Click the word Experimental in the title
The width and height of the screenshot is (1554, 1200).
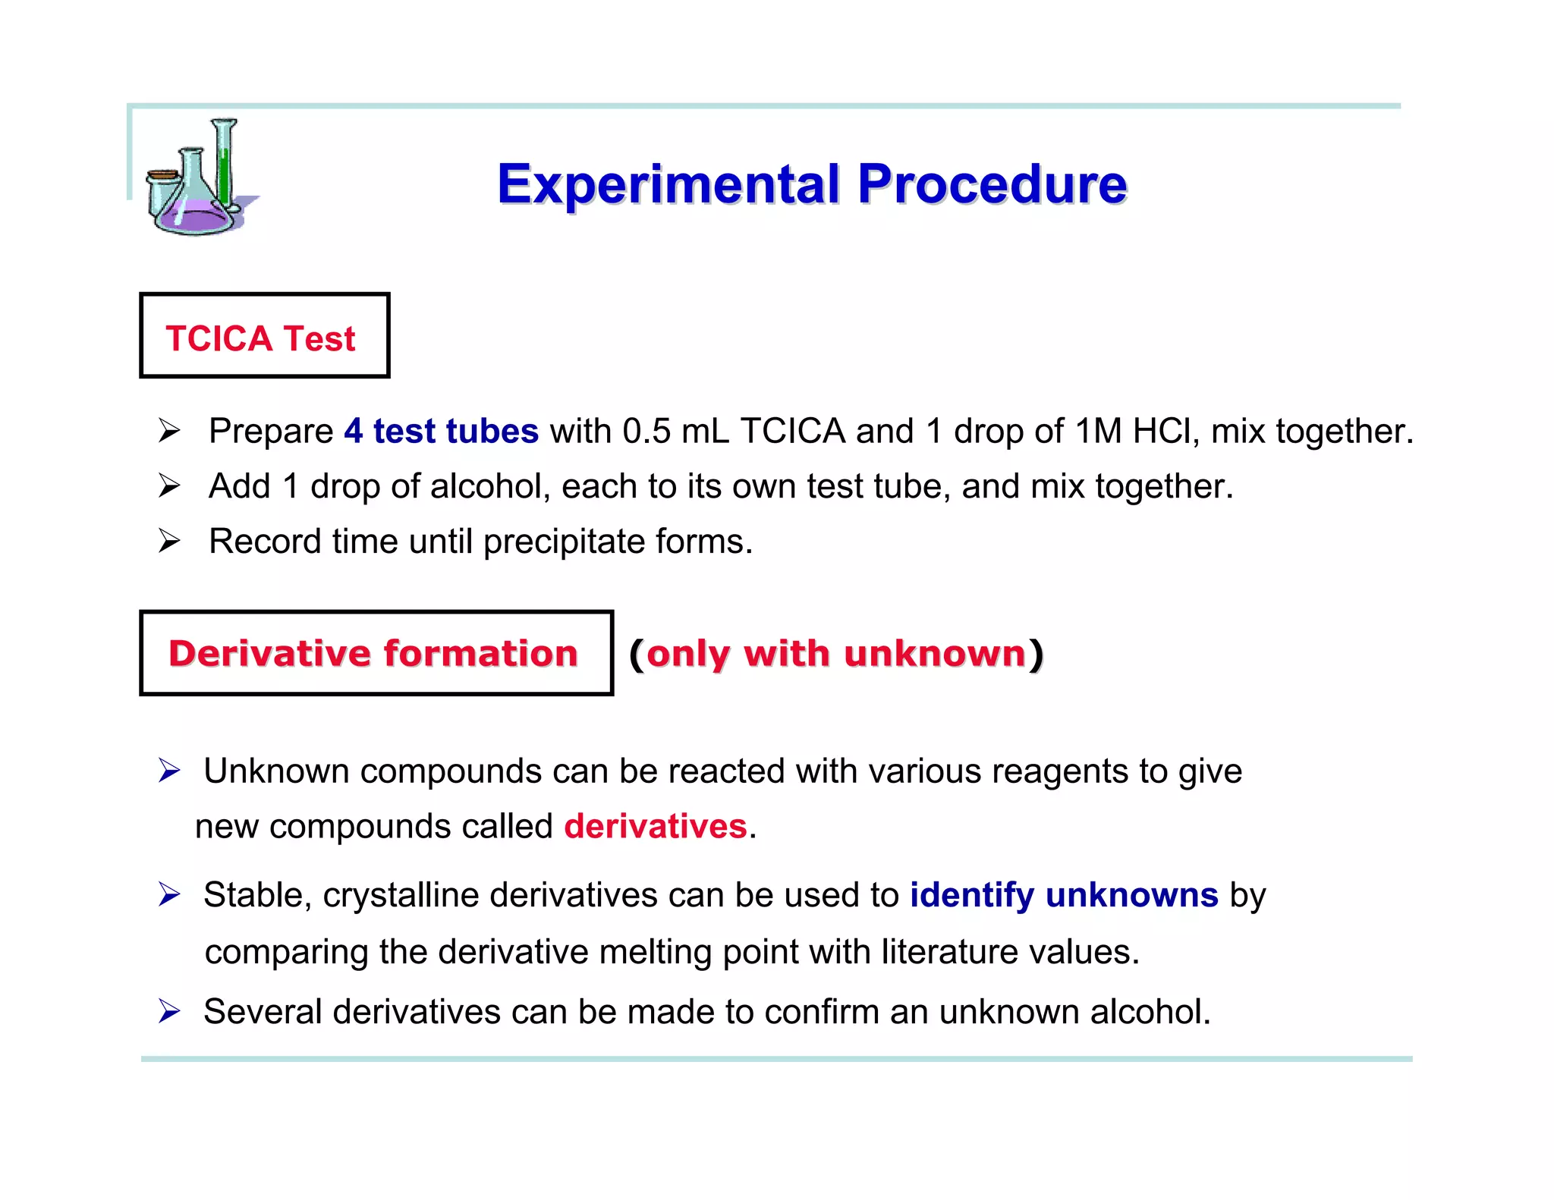point(668,185)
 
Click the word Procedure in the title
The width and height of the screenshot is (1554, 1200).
point(992,185)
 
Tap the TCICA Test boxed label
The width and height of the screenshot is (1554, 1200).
point(263,336)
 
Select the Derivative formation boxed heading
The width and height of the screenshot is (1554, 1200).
point(376,653)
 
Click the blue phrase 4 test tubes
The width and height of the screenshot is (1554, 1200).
point(441,431)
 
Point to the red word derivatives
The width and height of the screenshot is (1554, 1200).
point(656,826)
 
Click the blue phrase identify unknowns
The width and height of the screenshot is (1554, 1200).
point(1064,895)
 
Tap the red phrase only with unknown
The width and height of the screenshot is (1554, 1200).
point(835,653)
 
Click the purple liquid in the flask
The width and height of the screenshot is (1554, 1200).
point(196,216)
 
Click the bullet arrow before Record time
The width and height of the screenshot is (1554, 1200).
point(168,542)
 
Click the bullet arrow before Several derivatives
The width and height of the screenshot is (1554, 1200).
point(168,1011)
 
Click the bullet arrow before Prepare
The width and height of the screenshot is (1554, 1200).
point(168,431)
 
